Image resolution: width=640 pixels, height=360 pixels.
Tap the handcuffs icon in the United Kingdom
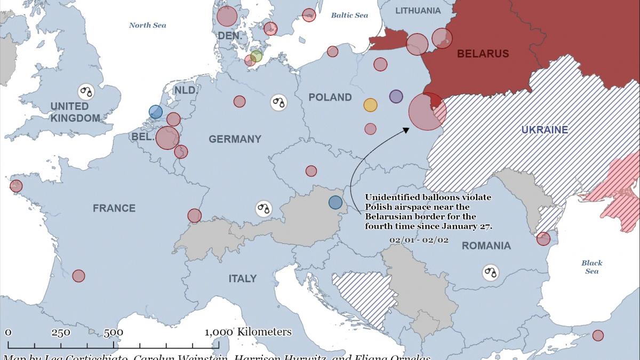pos(86,91)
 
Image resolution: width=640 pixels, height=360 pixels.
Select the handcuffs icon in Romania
pos(491,273)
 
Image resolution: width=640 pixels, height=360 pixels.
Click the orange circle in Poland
pos(370,105)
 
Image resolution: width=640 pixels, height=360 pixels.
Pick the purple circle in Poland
pos(396,97)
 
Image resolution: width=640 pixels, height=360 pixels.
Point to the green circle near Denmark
pos(257,56)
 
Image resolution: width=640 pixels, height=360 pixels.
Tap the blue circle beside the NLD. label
pos(156,111)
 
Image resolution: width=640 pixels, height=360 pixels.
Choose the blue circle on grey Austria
pos(335,202)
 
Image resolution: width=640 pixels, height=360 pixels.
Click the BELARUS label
pos(483,54)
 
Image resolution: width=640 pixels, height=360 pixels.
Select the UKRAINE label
pos(544,130)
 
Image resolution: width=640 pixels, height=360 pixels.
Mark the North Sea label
pos(148,25)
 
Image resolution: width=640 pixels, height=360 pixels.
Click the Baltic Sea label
pos(349,15)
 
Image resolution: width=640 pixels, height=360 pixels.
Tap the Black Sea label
pos(591,267)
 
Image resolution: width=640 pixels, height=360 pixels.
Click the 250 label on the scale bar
pos(61,332)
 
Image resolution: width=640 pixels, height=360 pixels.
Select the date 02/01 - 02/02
pos(419,240)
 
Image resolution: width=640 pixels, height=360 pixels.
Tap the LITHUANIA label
pos(418,11)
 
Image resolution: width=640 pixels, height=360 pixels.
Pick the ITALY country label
pos(243,278)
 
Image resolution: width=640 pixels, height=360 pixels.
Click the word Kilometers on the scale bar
pos(265,332)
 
